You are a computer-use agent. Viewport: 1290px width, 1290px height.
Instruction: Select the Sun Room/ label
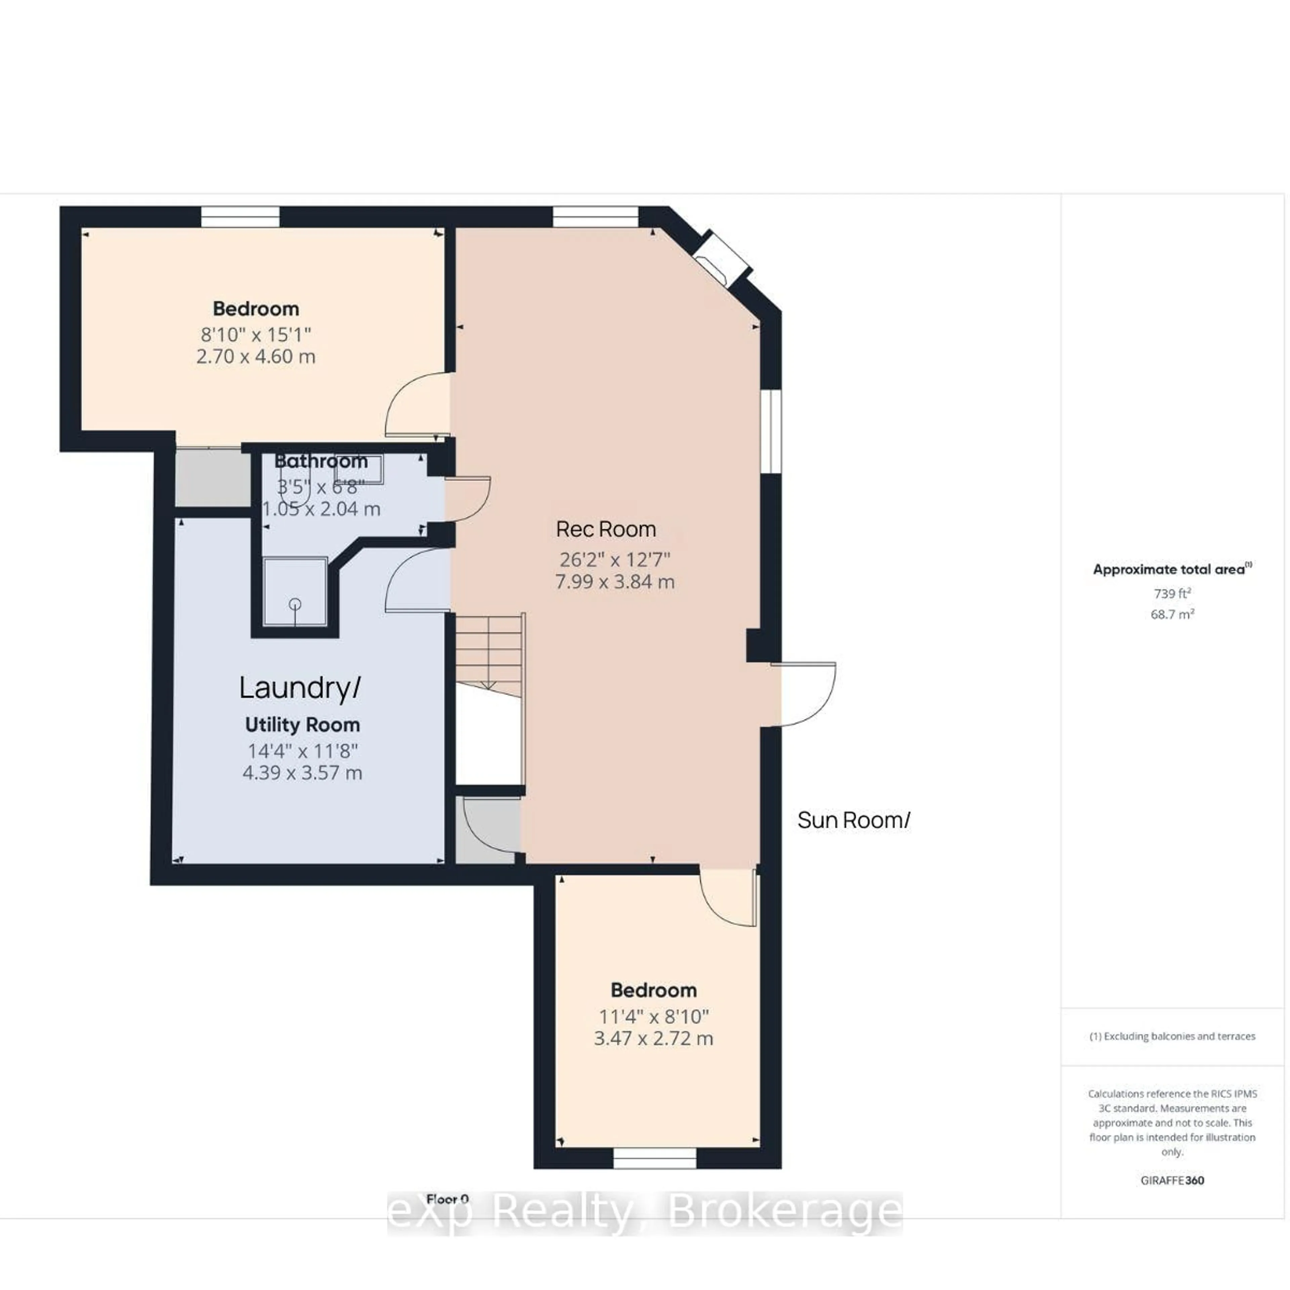click(853, 820)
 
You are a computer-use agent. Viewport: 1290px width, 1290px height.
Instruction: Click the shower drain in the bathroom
click(295, 604)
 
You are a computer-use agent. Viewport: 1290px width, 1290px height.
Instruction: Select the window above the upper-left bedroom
click(241, 217)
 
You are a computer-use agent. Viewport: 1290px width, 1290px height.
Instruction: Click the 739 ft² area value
click(1172, 593)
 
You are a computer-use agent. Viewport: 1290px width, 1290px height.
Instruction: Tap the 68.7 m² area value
click(1172, 614)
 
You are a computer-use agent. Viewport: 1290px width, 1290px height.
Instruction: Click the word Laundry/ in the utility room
click(300, 688)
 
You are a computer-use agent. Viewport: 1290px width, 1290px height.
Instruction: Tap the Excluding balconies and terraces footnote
click(1172, 1036)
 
